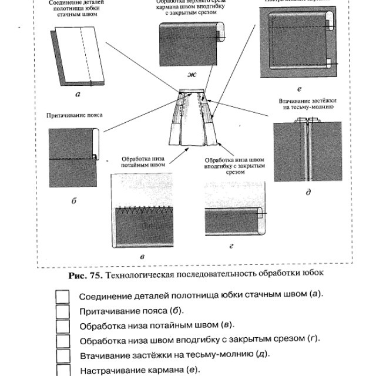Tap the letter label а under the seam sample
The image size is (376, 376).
coord(78,93)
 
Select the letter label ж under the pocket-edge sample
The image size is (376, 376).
coord(191,74)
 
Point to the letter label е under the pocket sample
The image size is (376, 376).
coord(299,89)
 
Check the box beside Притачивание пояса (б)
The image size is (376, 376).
coord(62,311)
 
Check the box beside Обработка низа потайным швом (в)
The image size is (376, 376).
coord(62,325)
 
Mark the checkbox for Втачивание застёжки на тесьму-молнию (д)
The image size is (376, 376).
coord(62,356)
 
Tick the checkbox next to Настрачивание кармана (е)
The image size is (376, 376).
coord(62,370)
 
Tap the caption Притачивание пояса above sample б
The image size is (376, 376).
coord(75,115)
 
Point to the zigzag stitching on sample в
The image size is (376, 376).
coord(143,209)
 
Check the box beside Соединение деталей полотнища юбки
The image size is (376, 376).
coord(62,296)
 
